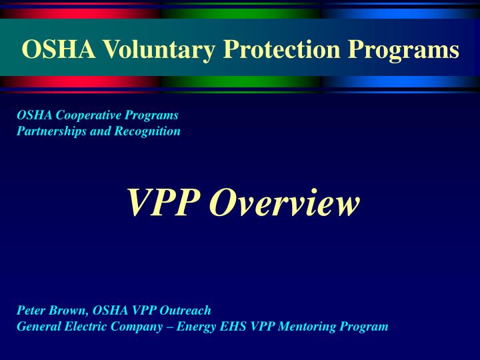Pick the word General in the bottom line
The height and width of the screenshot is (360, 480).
37,326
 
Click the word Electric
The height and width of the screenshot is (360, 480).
83,326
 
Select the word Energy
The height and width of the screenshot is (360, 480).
195,326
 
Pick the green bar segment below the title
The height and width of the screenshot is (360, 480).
240,81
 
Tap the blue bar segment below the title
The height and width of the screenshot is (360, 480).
400,81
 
